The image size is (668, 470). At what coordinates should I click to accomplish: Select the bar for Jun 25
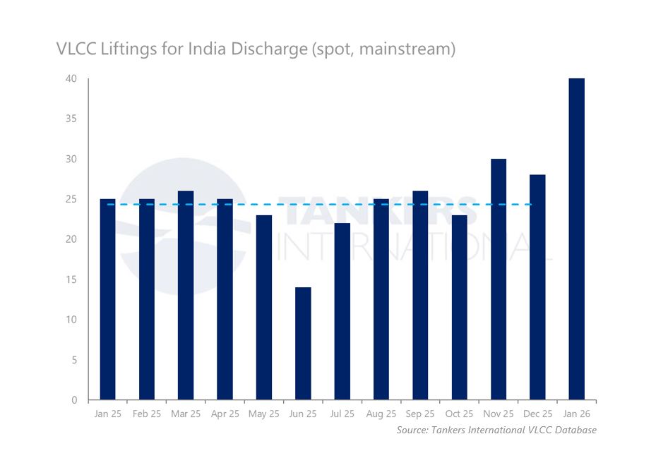[x=303, y=344]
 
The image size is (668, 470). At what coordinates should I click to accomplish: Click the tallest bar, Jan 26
[x=576, y=239]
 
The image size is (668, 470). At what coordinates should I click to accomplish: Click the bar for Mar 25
[x=186, y=296]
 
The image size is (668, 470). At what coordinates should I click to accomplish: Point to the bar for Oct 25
[x=459, y=308]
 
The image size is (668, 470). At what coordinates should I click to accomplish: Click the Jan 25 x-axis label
[x=107, y=414]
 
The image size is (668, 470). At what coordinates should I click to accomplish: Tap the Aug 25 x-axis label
[x=381, y=414]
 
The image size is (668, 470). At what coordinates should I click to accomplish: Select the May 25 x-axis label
[x=263, y=414]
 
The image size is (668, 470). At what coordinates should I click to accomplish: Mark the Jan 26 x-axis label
[x=576, y=414]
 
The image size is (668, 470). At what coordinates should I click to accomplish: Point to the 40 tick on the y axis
[x=71, y=78]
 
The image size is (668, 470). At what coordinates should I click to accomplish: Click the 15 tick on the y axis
[x=71, y=279]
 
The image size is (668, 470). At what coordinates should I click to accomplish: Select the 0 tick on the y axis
[x=74, y=400]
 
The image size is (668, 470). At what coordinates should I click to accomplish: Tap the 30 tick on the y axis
[x=71, y=159]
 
